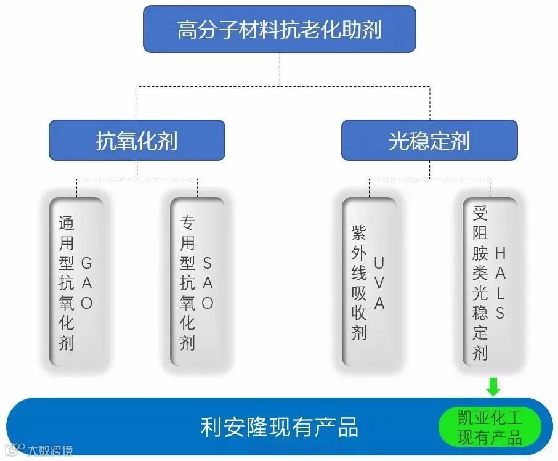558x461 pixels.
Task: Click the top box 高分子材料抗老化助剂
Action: click(x=279, y=29)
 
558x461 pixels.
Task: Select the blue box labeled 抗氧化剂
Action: click(x=137, y=141)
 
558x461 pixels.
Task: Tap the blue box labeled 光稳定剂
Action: click(x=429, y=141)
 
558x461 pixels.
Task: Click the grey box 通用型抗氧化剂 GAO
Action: click(x=76, y=282)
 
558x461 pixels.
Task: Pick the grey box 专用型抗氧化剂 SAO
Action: click(x=197, y=282)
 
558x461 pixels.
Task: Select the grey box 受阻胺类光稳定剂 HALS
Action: click(x=490, y=282)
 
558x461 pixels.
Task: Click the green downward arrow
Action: click(x=493, y=388)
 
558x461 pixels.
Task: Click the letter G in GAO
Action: click(x=86, y=263)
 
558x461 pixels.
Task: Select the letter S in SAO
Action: click(x=208, y=263)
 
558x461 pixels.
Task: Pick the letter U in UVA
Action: click(x=379, y=263)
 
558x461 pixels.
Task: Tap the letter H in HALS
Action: click(x=500, y=253)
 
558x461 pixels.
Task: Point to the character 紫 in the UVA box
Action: click(x=358, y=233)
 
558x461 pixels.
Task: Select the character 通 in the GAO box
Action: click(x=66, y=222)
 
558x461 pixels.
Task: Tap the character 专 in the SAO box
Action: click(x=187, y=222)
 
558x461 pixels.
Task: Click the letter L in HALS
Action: click(x=500, y=293)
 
